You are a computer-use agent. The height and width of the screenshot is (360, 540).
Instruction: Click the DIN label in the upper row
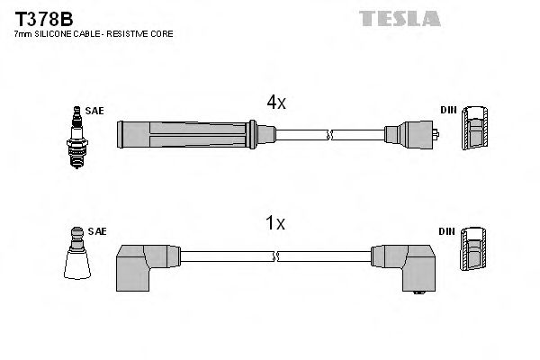(x=448, y=111)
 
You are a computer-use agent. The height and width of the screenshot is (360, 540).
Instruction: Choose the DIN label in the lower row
(x=446, y=231)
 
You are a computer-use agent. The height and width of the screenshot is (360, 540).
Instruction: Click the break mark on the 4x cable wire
(x=331, y=136)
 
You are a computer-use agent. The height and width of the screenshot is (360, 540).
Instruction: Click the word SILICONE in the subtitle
(x=53, y=34)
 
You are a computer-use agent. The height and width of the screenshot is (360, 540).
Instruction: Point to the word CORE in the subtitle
(x=161, y=34)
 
